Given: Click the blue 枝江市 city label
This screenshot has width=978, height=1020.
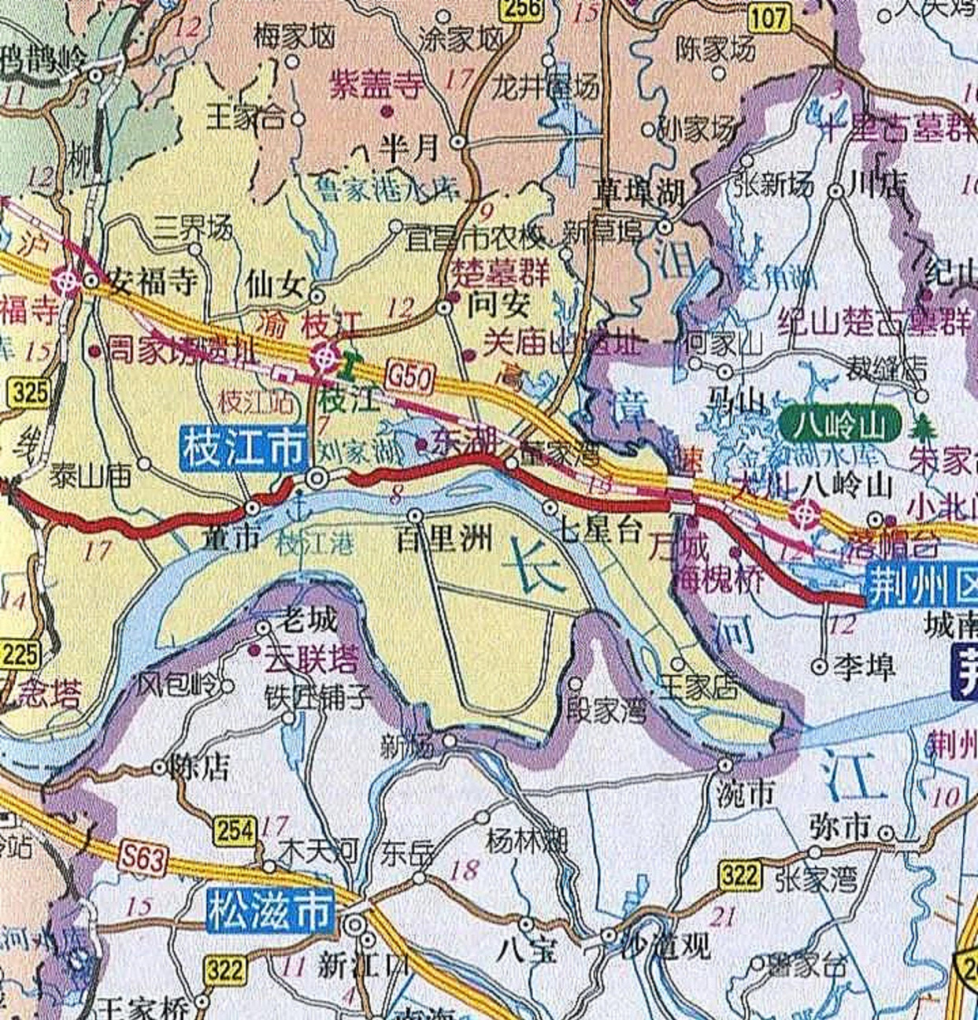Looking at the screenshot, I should pyautogui.click(x=243, y=449).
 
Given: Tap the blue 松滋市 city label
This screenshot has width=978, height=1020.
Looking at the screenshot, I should pyautogui.click(x=270, y=911).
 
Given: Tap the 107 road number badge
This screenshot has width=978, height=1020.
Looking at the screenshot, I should pyautogui.click(x=769, y=18).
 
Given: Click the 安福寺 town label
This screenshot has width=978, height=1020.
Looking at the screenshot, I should pyautogui.click(x=152, y=281).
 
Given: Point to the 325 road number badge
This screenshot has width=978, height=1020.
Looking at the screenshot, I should pyautogui.click(x=30, y=392).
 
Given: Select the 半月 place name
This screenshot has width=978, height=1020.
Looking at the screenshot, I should pyautogui.click(x=409, y=147).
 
